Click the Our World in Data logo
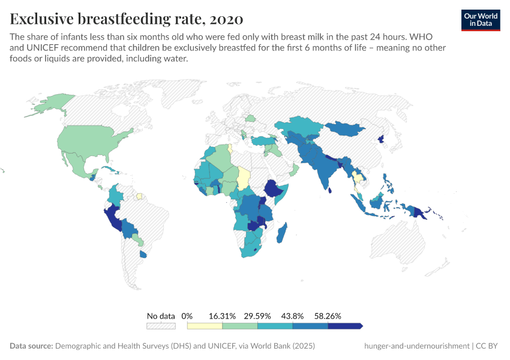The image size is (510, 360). [x=481, y=20]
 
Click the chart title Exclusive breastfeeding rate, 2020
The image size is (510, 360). [x=127, y=19]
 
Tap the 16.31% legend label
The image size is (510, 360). [x=222, y=316]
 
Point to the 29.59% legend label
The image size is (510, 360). [x=257, y=316]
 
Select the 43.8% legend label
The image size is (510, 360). [x=293, y=316]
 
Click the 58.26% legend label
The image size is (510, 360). [x=328, y=316]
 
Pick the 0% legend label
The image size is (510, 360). [x=187, y=316]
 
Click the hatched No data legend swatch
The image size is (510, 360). [x=161, y=326]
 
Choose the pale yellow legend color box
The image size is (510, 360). [x=205, y=326]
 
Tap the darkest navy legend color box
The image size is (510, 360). [x=344, y=326]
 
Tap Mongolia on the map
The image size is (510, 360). [x=346, y=130]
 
